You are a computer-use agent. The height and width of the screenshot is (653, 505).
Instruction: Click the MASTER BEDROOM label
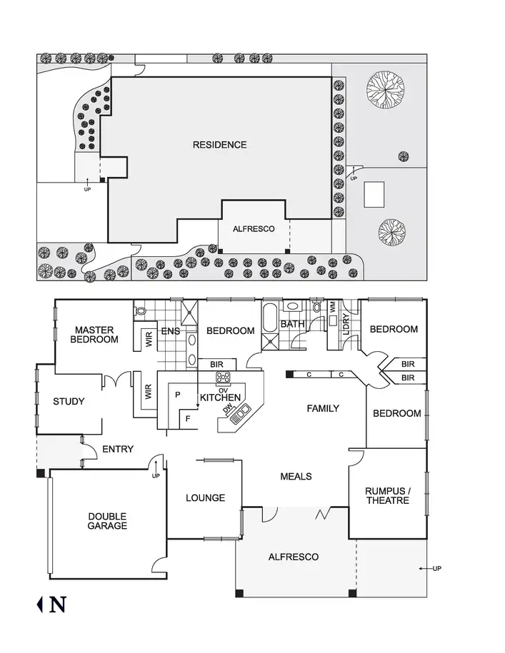point(96,335)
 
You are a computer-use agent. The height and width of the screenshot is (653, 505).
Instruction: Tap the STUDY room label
point(69,402)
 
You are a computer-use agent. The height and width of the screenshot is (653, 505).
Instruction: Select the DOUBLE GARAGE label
point(107,521)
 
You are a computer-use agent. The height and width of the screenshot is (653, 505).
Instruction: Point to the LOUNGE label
point(205,498)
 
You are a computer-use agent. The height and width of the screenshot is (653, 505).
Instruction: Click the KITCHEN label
point(220,398)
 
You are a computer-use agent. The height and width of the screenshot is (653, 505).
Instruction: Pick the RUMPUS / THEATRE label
point(387,495)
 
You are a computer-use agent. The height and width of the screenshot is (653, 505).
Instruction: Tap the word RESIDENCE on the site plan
point(219,145)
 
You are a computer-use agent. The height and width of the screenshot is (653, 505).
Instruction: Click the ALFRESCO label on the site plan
point(254,230)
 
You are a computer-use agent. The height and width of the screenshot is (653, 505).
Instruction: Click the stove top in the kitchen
point(224,378)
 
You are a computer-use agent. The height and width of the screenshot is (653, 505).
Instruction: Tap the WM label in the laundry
point(332,306)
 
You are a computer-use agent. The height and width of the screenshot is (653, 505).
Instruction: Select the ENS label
point(170,331)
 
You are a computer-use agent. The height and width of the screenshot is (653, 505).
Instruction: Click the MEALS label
point(296,476)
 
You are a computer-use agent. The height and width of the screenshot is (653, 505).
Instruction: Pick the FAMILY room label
point(323,409)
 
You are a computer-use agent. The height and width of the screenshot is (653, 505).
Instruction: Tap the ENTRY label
point(118,449)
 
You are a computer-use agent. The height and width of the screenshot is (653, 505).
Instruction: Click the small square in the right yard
point(374,193)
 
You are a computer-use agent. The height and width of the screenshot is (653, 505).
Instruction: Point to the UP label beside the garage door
point(156,476)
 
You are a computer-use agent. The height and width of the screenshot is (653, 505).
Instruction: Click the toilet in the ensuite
point(141,310)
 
